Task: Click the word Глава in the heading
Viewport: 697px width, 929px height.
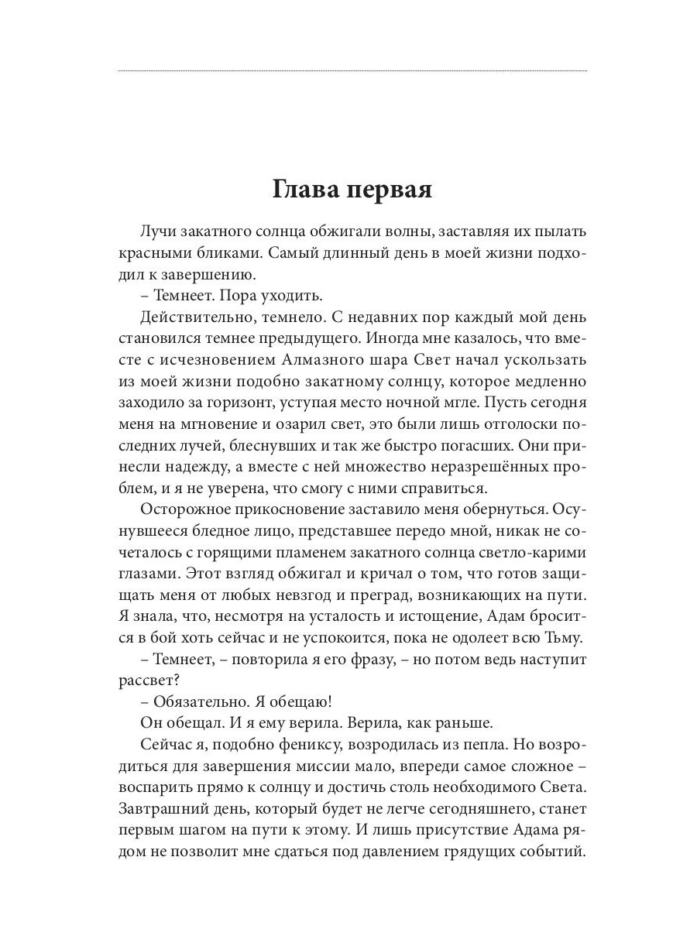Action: (x=305, y=189)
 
